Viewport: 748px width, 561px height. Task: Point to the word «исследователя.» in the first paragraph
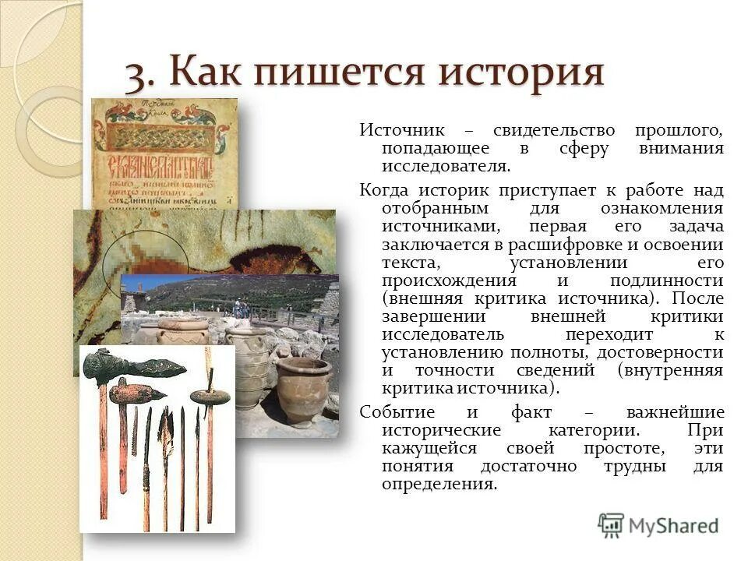[446, 167]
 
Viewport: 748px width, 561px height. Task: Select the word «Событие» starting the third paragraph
[397, 412]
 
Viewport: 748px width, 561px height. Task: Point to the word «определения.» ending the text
[439, 485]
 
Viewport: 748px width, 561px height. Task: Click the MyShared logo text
[674, 526]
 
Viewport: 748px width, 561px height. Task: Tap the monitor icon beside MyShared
[612, 524]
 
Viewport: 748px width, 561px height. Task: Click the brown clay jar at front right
[303, 390]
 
